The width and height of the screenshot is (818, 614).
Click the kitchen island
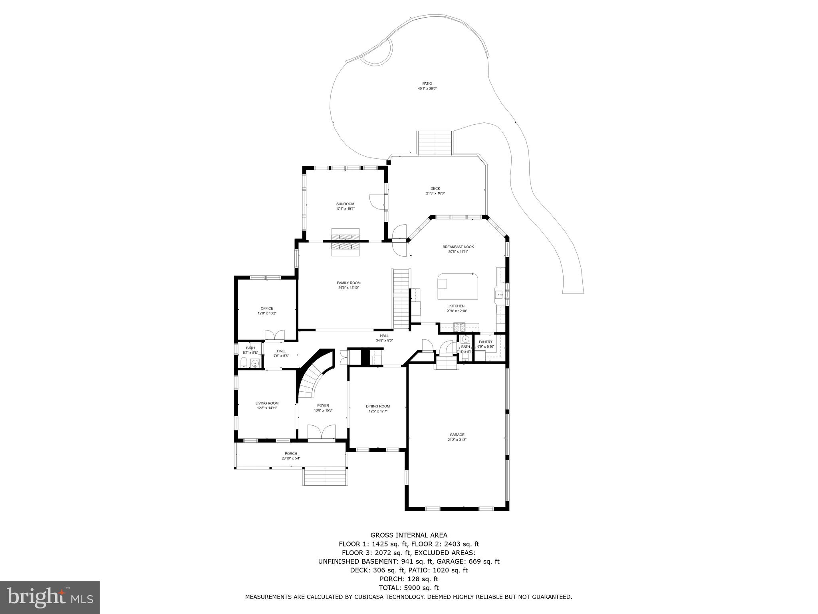click(458, 286)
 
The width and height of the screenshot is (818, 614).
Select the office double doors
click(274, 335)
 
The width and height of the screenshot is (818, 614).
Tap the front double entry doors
click(322, 432)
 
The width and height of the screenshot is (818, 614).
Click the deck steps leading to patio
click(435, 143)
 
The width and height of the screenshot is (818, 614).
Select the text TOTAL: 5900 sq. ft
click(409, 588)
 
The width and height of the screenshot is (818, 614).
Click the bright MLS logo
click(50, 597)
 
